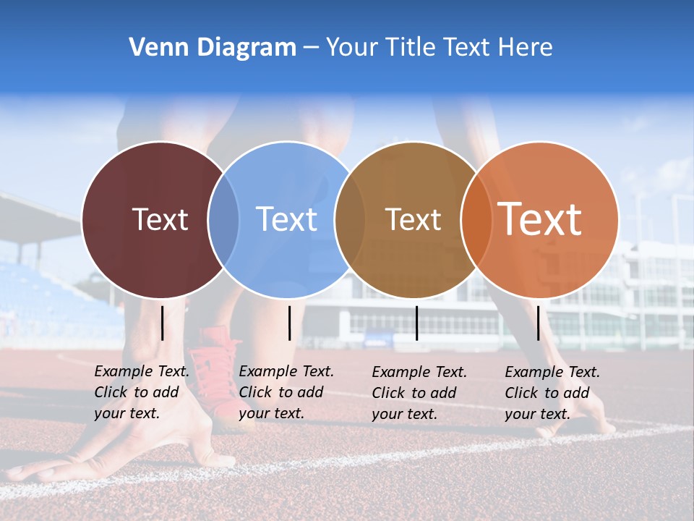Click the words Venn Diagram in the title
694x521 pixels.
tap(212, 48)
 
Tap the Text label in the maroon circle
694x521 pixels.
tap(160, 219)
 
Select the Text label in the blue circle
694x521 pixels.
tap(286, 219)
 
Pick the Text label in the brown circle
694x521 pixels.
tap(413, 219)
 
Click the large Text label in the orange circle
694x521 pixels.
tap(540, 219)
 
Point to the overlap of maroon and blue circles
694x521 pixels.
tap(223, 219)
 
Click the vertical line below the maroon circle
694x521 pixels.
tap(163, 323)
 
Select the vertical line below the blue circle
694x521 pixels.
tap(289, 323)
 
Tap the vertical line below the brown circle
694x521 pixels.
tap(416, 323)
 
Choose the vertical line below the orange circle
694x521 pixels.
tap(538, 323)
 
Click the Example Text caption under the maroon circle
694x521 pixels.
tap(141, 392)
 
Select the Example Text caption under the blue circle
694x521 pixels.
tap(286, 392)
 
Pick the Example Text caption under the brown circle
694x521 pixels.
tap(419, 393)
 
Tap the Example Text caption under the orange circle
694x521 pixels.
tap(552, 393)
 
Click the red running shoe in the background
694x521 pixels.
tap(217, 369)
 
